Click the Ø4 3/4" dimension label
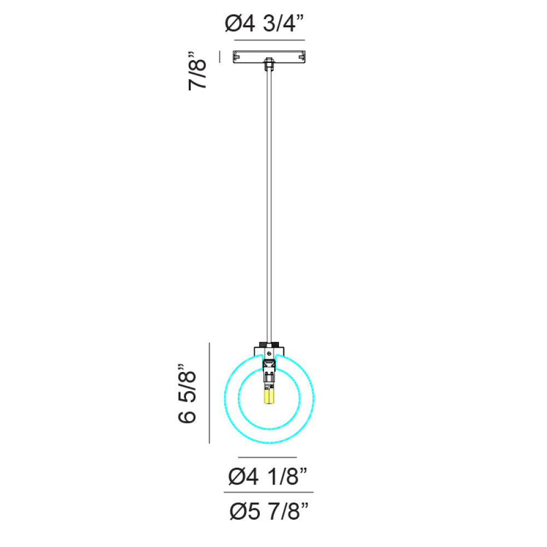click(x=264, y=24)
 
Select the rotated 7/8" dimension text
click(x=197, y=71)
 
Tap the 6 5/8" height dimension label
click(x=187, y=394)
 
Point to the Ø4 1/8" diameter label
click(x=267, y=476)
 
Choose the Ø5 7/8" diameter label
click(x=269, y=511)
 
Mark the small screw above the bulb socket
click(x=269, y=354)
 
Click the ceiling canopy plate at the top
click(x=269, y=57)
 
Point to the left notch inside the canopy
click(x=236, y=55)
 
